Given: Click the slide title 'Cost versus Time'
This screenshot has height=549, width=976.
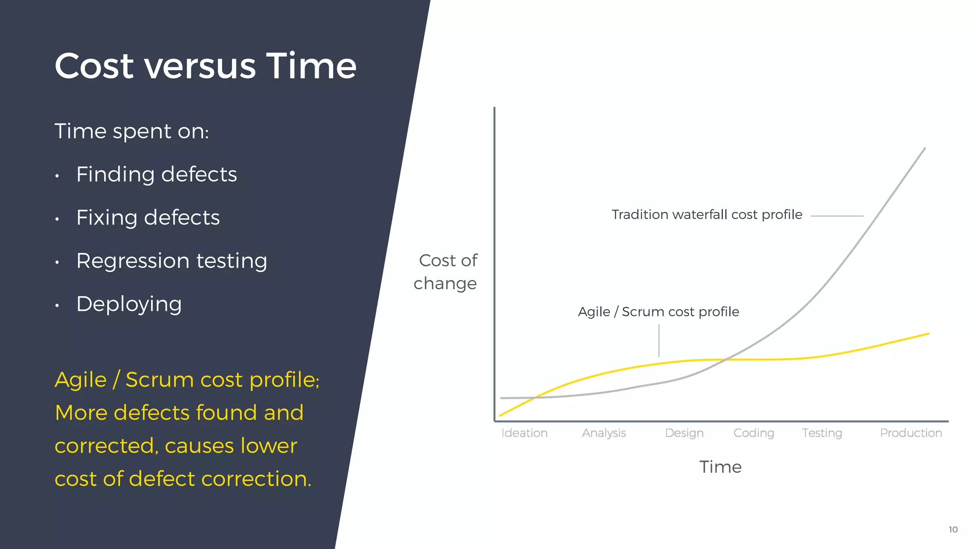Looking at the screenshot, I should click(205, 66).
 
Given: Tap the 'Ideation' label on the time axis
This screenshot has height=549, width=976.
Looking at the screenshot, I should click(524, 433).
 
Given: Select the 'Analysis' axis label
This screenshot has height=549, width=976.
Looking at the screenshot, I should click(604, 433).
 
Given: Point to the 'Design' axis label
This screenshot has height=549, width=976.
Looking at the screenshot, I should click(684, 433).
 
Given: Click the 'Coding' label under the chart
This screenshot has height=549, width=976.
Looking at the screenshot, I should click(753, 433).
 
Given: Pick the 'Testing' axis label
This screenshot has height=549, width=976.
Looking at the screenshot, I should click(822, 433).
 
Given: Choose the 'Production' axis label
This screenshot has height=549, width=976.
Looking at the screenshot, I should click(911, 433).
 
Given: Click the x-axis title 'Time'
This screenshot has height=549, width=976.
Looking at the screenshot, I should click(720, 467).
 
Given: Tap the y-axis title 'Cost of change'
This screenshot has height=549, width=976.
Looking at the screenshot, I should click(446, 272).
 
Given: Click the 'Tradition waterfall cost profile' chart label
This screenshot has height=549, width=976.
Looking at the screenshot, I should click(707, 215).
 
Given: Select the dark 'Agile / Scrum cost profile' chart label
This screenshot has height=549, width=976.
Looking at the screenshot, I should click(659, 312).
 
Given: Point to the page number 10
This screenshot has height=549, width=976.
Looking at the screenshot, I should click(953, 529).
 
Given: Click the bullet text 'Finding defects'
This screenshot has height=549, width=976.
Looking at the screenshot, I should click(156, 174).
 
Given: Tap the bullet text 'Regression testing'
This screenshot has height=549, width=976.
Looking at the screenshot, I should click(172, 261).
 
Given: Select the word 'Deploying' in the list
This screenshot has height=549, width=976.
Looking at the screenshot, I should click(129, 304).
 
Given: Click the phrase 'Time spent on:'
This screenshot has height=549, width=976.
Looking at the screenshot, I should click(132, 131).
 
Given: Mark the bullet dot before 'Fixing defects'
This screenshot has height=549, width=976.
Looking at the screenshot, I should click(57, 219).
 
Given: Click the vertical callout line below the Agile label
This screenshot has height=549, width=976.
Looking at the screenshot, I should click(659, 341).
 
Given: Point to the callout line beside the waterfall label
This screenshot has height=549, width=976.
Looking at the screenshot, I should click(837, 216).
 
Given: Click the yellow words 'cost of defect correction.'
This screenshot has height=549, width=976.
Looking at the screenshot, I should click(183, 478).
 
